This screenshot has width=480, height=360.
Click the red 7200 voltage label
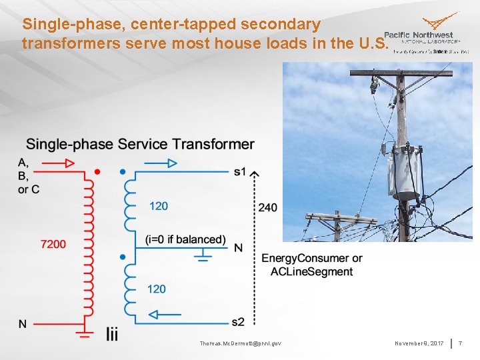pos(53,244)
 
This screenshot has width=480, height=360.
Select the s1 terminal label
pos(240,172)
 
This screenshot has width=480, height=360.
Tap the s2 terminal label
pos(238,322)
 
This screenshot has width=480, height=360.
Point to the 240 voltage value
pos(267,208)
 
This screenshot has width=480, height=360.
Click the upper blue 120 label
pos(158,206)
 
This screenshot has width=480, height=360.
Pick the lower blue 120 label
pos(156,289)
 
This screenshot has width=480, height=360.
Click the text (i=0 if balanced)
pos(185,239)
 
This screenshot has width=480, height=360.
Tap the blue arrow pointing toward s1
pos(161,162)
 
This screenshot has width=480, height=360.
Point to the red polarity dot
pos(97,172)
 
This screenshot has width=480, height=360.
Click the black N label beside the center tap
pos(238,248)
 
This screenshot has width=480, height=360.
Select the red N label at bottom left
pos(23,324)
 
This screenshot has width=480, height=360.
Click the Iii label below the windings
pos(111,335)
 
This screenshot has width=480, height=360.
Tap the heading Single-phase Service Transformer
pos(140,144)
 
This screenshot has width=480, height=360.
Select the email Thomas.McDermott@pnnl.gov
pos(240,343)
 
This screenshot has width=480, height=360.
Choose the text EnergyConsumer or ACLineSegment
pos(311,265)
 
